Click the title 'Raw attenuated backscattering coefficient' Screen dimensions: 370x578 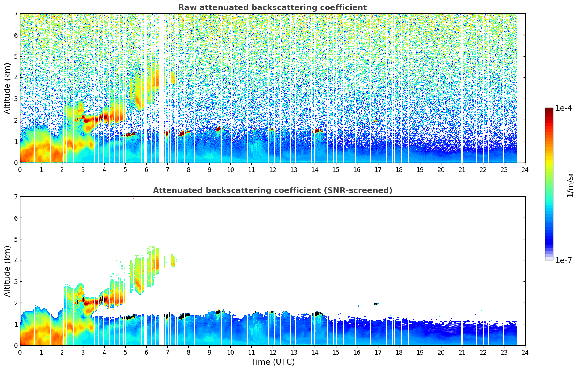pyautogui.click(x=272, y=8)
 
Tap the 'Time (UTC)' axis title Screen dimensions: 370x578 pyautogui.click(x=273, y=362)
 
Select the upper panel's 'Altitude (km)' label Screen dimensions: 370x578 pyautogui.click(x=7, y=88)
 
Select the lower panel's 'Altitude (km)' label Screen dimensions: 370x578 pyautogui.click(x=7, y=271)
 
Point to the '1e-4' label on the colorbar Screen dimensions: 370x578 pyautogui.click(x=564, y=108)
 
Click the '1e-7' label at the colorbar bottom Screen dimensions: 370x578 pyautogui.click(x=564, y=260)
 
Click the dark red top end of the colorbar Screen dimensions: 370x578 pyautogui.click(x=549, y=110)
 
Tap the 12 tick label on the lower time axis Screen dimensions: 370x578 pyautogui.click(x=273, y=353)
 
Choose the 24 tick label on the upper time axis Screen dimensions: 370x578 pyautogui.click(x=525, y=170)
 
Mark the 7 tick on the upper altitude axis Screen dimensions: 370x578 pyautogui.click(x=16, y=14)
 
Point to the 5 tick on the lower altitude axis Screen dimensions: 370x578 pyautogui.click(x=16, y=239)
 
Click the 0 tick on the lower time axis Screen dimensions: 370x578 pyautogui.click(x=20, y=353)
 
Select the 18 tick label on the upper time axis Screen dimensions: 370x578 pyautogui.click(x=399, y=170)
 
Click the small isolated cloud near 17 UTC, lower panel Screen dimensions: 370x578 pyautogui.click(x=376, y=304)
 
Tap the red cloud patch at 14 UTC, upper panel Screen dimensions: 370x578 pyautogui.click(x=317, y=131)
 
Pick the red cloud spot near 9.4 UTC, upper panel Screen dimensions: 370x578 pyautogui.click(x=218, y=129)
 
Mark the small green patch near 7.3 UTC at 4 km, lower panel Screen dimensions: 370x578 pyautogui.click(x=174, y=260)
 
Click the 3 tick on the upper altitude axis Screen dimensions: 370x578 pyautogui.click(x=16, y=99)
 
